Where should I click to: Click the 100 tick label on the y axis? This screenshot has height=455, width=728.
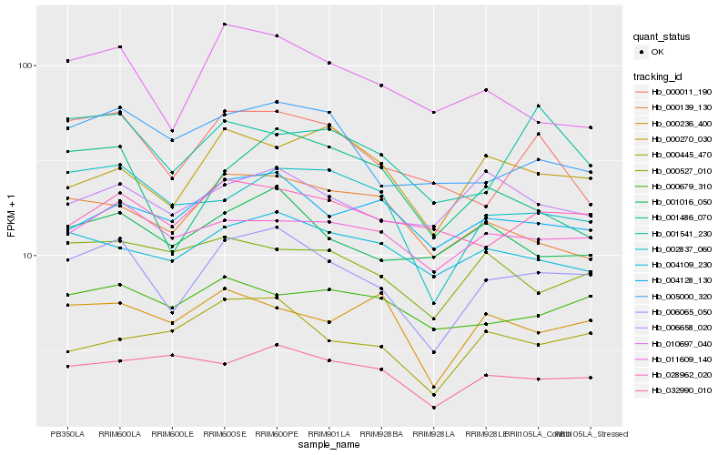25,66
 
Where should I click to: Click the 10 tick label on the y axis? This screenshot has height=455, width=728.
27,256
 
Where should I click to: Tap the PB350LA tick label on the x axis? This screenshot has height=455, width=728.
67,434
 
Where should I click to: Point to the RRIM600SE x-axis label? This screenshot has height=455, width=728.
224,434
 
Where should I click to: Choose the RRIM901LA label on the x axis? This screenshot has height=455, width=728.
329,434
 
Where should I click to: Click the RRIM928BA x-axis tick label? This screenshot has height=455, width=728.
381,434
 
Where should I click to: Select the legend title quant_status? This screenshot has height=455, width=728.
664,37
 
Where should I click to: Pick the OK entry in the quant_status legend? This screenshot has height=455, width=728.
658,52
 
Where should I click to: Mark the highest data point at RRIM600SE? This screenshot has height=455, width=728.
224,25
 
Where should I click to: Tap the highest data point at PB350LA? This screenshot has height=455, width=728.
67,61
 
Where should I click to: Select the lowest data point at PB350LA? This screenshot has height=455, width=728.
67,366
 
